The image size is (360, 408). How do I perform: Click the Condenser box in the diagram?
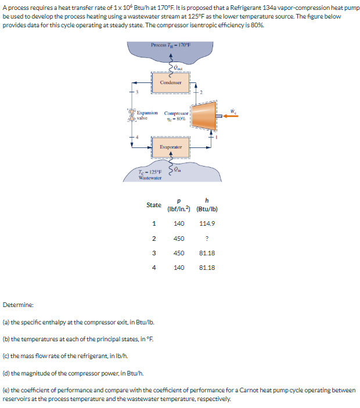pyautogui.click(x=170, y=83)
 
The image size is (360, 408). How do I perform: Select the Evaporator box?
pyautogui.click(x=171, y=147)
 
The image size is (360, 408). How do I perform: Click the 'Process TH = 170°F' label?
pyautogui.click(x=171, y=45)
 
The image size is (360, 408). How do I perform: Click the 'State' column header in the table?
pyautogui.click(x=154, y=205)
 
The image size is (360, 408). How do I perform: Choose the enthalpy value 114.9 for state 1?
pyautogui.click(x=207, y=223)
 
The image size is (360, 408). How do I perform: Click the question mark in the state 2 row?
pyautogui.click(x=207, y=239)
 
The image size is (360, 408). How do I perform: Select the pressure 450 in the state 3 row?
pyautogui.click(x=179, y=253)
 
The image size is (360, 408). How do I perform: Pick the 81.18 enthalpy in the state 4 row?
pyautogui.click(x=207, y=268)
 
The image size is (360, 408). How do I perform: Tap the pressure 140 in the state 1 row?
pyautogui.click(x=179, y=223)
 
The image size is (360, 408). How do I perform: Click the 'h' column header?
pyautogui.click(x=207, y=201)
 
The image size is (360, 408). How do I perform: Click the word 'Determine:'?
pyautogui.click(x=18, y=305)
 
